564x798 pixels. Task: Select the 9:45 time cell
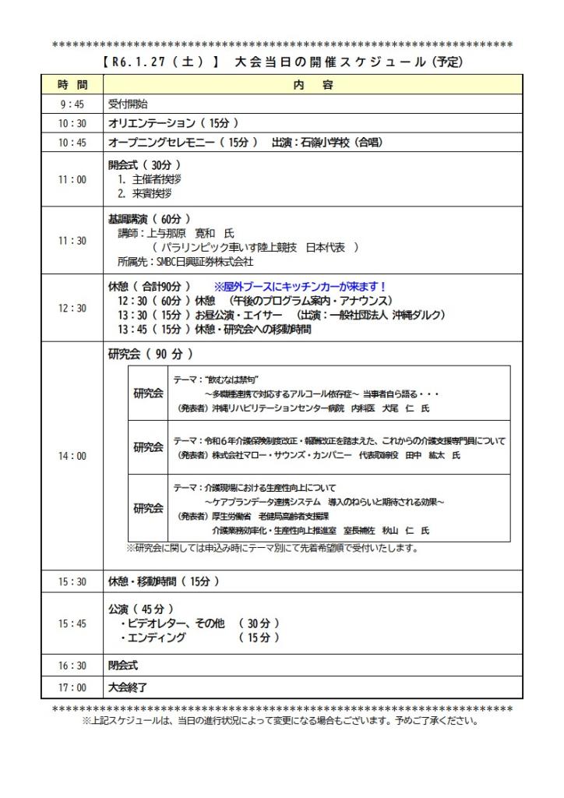point(72,104)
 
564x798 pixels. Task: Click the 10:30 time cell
point(72,123)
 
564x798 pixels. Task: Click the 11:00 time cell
point(72,179)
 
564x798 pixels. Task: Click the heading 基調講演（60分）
point(149,219)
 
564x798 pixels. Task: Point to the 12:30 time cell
point(72,308)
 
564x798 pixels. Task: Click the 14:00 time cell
point(72,456)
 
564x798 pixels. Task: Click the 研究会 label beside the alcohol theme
point(148,393)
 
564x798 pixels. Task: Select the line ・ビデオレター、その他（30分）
point(201,623)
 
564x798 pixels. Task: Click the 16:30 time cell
point(72,666)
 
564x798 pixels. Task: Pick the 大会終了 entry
point(127,687)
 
